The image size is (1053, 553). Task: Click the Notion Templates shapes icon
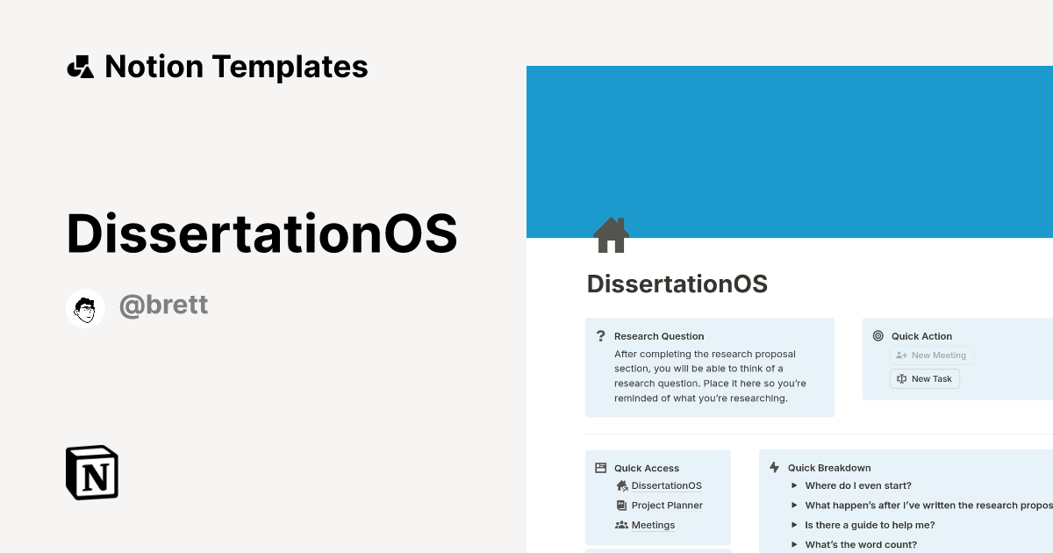point(80,67)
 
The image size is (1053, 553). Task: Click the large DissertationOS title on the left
point(261,234)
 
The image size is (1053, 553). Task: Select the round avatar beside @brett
point(85,308)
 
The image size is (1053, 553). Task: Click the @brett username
point(163,305)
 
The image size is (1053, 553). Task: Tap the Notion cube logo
point(92,472)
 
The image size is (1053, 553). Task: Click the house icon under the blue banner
point(611,235)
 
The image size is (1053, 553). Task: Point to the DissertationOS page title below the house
point(677,284)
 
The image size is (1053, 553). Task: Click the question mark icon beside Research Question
point(601,336)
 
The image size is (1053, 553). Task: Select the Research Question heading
point(659,336)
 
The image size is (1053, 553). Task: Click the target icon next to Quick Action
point(878,336)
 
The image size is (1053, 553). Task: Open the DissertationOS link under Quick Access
point(666,485)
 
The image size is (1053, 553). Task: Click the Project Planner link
point(667,506)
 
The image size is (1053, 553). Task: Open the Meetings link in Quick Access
point(653,525)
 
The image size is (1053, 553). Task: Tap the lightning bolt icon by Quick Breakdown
point(774,468)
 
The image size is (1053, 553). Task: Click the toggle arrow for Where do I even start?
point(794,485)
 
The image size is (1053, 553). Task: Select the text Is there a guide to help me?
point(870,525)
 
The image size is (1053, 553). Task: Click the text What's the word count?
point(861,544)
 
